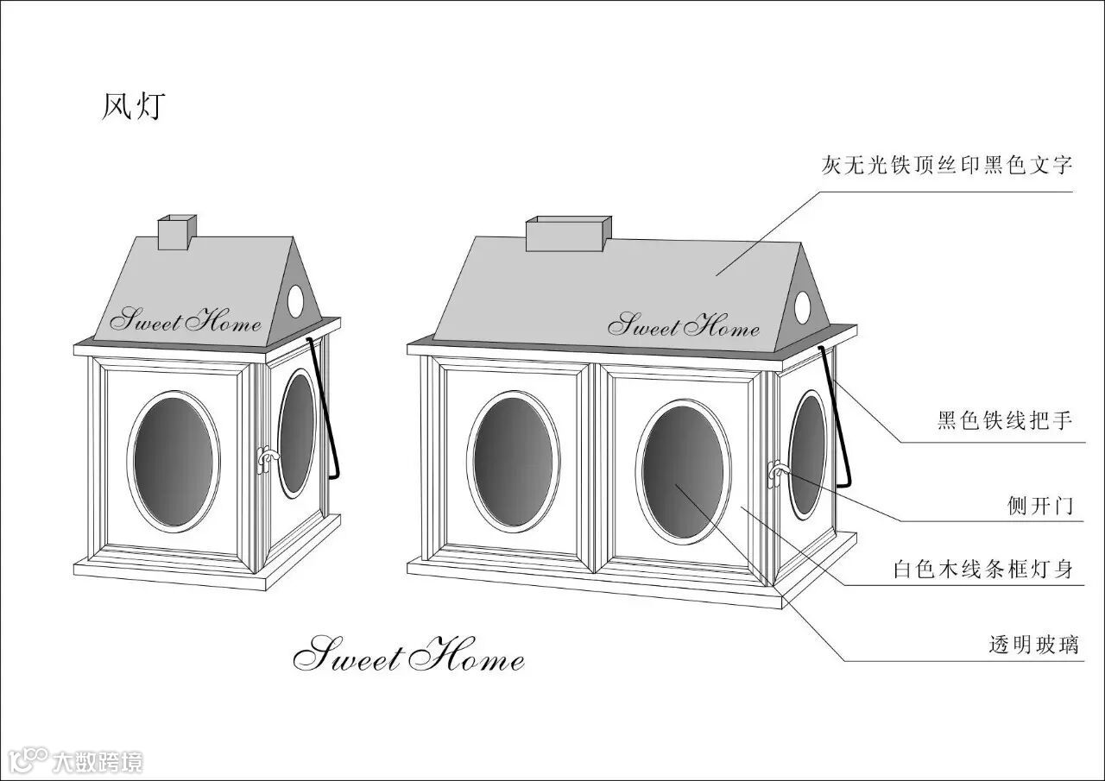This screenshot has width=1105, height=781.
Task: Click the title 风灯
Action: (x=132, y=106)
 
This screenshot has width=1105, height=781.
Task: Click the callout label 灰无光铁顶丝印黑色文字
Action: (x=947, y=166)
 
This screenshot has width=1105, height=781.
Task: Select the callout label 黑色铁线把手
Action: (x=1005, y=421)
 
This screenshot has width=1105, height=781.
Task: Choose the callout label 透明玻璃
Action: (x=1033, y=645)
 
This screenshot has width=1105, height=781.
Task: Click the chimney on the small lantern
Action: (x=177, y=232)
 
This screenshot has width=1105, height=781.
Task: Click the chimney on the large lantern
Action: (x=566, y=234)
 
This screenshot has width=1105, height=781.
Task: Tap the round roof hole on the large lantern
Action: (x=803, y=305)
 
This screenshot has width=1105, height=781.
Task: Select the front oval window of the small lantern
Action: (x=174, y=461)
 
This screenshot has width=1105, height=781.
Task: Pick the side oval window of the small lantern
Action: (x=297, y=433)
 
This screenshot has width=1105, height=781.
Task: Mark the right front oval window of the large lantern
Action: (x=683, y=471)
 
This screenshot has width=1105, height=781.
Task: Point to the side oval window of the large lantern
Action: (x=808, y=455)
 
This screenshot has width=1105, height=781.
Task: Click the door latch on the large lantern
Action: (x=778, y=472)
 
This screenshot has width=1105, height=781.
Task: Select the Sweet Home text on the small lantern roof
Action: (x=185, y=322)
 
